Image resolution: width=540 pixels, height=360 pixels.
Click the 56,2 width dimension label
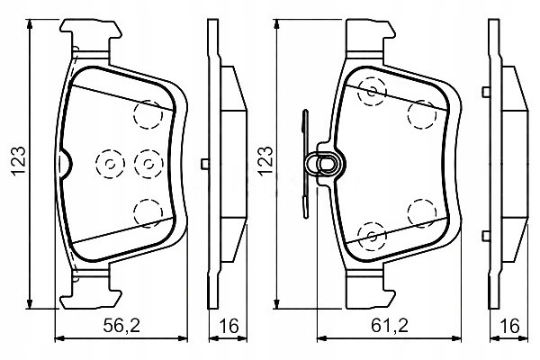(121, 326)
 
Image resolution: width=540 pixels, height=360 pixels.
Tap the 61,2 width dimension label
(390, 326)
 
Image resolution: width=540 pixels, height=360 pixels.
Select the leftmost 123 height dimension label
(19, 162)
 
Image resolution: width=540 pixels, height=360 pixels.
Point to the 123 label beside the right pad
(265, 162)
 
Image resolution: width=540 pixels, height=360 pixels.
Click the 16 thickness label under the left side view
(229, 326)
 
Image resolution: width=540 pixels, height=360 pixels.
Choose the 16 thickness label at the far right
(509, 326)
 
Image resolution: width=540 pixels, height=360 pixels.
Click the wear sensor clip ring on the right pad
(326, 163)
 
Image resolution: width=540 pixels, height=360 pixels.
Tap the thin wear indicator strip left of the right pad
(305, 164)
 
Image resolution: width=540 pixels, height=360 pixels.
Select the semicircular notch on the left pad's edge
(65, 164)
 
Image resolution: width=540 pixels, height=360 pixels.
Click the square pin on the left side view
(205, 164)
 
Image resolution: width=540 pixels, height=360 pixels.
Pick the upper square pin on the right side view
(486, 92)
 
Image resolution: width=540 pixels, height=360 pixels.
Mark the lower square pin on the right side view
(486, 236)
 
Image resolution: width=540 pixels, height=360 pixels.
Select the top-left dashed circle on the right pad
(372, 92)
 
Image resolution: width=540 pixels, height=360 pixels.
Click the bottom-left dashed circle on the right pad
(372, 236)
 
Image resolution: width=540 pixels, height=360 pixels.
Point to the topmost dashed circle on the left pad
(148, 114)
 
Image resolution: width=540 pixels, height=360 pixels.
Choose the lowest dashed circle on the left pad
(148, 213)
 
